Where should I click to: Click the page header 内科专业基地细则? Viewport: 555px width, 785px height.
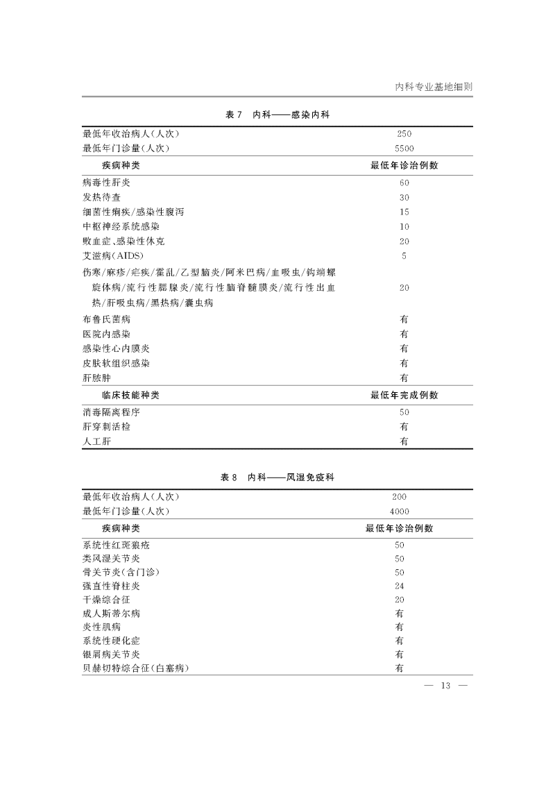(434, 87)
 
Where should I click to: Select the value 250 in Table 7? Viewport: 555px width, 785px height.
(404, 134)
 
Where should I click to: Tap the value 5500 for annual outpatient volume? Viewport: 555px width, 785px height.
(404, 149)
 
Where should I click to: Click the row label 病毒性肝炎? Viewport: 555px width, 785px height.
(106, 183)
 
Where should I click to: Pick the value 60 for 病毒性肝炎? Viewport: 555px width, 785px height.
(404, 183)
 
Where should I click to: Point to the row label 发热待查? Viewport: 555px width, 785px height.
(101, 197)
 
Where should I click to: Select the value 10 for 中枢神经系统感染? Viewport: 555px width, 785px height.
(404, 227)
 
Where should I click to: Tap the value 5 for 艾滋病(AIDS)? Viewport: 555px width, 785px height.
(404, 256)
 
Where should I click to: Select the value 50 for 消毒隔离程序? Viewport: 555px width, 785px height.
(404, 412)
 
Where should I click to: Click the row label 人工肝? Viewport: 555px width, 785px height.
(96, 441)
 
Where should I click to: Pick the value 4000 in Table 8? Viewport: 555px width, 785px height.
(400, 512)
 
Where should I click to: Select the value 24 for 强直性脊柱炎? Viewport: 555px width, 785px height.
(400, 585)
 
